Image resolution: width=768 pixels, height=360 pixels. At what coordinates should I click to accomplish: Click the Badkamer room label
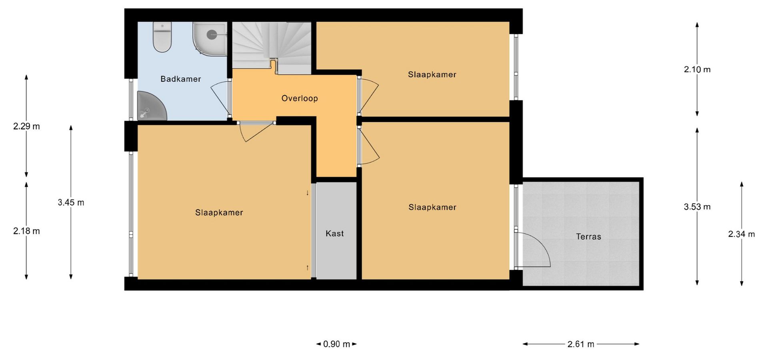[180, 79]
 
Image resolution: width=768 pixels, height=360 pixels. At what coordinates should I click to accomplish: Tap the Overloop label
[300, 98]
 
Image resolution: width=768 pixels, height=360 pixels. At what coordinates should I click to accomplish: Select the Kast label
[334, 234]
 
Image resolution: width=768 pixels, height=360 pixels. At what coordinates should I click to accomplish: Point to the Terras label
[588, 237]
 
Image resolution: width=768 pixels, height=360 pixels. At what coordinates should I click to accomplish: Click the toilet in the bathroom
[162, 37]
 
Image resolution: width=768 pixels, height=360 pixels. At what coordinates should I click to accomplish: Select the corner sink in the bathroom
[151, 106]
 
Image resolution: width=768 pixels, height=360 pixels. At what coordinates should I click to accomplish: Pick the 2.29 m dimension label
[26, 126]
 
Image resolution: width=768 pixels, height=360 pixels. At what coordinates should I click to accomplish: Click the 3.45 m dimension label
[71, 202]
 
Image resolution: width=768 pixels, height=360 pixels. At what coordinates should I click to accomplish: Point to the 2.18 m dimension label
[26, 231]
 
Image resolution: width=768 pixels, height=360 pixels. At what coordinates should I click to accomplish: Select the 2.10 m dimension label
[697, 70]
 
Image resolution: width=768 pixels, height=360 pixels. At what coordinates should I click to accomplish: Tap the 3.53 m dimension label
[697, 207]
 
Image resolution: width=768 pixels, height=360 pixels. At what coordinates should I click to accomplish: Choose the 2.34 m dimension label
[741, 234]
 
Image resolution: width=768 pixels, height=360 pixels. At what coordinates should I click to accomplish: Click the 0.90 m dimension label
[336, 344]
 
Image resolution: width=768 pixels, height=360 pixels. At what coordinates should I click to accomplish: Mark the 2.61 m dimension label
[581, 344]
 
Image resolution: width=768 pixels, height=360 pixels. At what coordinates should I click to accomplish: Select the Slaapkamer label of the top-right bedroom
[432, 75]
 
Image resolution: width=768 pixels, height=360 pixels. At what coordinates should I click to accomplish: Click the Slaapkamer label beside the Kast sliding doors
[219, 213]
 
